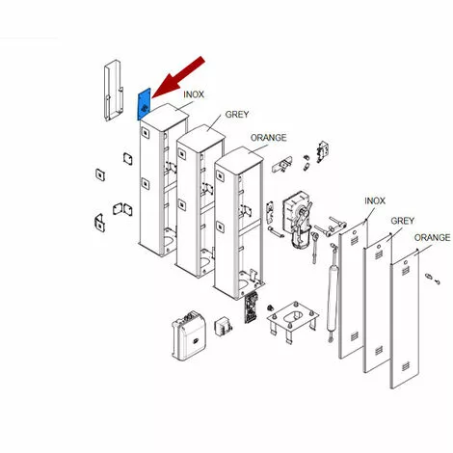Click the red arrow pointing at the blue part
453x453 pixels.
coord(178,77)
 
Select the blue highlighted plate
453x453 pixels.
coord(144,104)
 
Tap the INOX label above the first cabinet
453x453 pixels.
coord(194,94)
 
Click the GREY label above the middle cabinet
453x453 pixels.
coord(237,115)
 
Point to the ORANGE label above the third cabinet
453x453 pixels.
coord(268,138)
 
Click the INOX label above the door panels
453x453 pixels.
coord(375,201)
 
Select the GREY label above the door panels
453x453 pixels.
coord(403,221)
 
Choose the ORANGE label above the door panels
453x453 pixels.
coord(432,238)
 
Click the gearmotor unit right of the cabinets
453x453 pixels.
coord(297,220)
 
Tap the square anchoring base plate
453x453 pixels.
coord(292,318)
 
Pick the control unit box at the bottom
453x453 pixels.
coord(189,335)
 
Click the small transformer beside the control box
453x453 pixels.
coord(223,327)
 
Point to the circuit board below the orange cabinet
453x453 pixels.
coord(251,307)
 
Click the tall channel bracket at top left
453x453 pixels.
coord(114,91)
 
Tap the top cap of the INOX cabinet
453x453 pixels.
coord(164,116)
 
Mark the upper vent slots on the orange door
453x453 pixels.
coord(406,271)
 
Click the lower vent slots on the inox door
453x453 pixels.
coord(354,336)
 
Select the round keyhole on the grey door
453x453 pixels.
coord(379,247)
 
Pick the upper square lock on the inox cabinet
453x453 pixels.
coord(146,133)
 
